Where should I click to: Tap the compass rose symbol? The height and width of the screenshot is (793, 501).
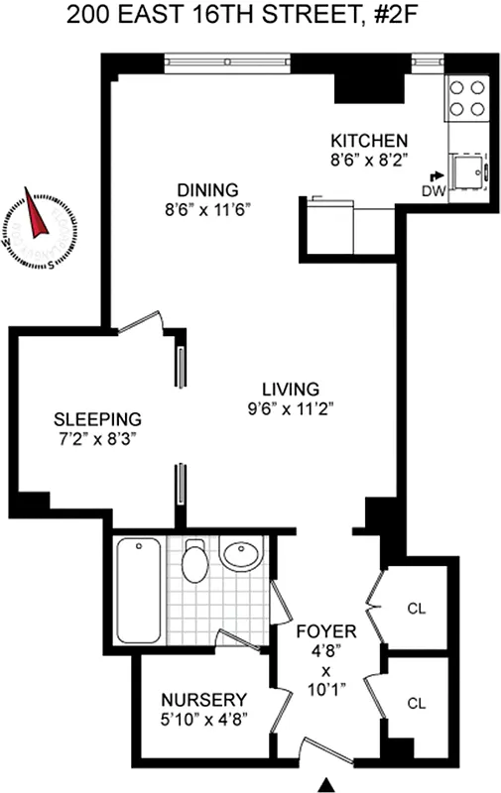pos(39,226)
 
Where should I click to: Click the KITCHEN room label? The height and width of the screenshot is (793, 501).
pos(369,139)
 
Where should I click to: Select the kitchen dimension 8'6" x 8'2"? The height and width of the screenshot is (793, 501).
pos(369,158)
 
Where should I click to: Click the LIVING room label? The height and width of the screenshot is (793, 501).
pos(290,388)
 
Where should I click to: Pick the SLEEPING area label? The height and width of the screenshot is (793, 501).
pos(97,418)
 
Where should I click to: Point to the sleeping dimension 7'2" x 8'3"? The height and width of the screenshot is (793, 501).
pos(97,437)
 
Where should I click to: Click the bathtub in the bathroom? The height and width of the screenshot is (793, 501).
pos(138,590)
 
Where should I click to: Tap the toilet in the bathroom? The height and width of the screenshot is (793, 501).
pos(196,563)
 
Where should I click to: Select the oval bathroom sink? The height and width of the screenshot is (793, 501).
pos(241,555)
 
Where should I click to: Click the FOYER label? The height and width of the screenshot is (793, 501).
pos(324,630)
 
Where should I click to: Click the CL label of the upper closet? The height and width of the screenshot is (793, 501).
pos(415,609)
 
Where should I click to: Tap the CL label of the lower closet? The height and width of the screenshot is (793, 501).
pos(415,703)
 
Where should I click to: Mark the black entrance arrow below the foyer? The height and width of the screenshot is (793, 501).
pos(324,785)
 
